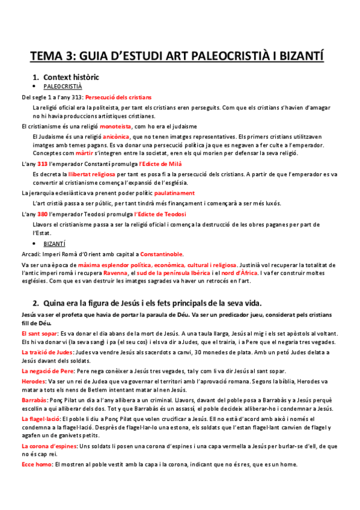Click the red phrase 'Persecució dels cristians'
point(118,97)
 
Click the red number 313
point(42,164)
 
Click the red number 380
point(42,214)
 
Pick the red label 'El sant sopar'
point(39,333)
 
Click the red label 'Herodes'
point(33,381)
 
